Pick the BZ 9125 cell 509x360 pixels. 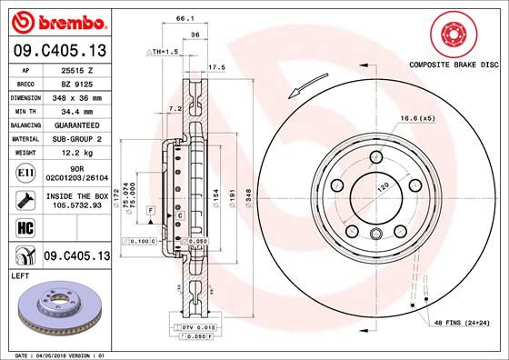(x=85, y=85)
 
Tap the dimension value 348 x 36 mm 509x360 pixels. (x=85, y=96)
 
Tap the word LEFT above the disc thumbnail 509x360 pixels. (x=21, y=274)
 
